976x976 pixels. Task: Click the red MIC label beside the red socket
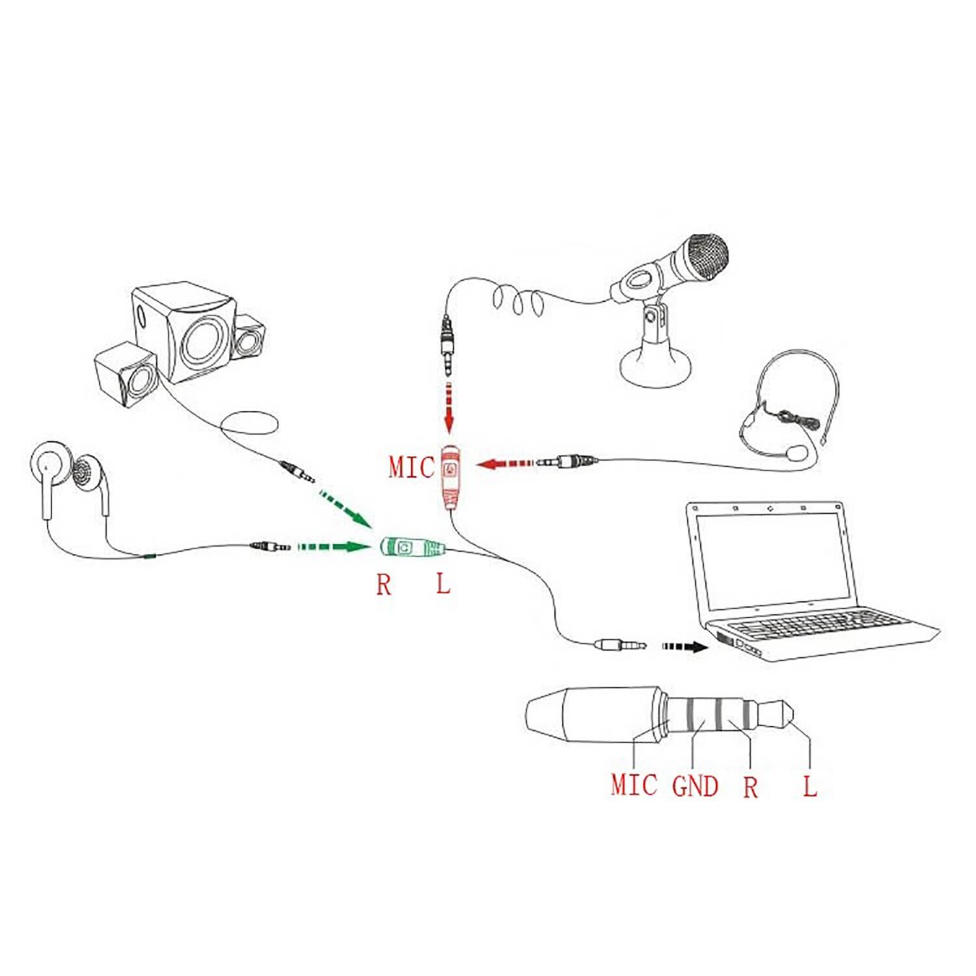(411, 467)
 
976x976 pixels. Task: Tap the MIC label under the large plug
(634, 785)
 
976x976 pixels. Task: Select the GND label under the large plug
(695, 785)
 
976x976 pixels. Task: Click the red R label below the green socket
(384, 585)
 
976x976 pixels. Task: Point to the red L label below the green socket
(443, 584)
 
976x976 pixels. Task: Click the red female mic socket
(450, 478)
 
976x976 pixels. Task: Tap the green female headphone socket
(412, 548)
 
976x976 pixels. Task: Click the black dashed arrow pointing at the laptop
(685, 647)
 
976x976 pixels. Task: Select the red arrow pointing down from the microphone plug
(448, 408)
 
